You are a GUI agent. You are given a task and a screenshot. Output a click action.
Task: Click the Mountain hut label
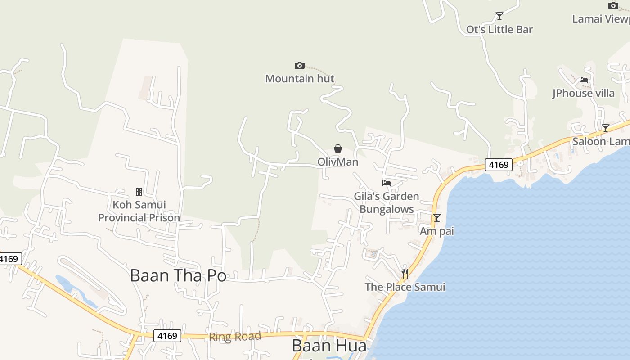coord(300,79)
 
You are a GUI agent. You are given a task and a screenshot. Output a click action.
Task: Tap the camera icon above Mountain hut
coord(300,66)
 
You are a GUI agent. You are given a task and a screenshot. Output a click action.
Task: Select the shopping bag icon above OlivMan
coord(338,148)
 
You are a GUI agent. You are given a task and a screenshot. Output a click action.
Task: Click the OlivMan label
coord(338,162)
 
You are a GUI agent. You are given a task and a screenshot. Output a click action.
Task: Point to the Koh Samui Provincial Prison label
coord(139,211)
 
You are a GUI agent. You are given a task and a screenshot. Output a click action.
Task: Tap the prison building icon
coord(139,192)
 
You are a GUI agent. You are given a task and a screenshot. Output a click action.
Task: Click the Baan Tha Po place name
coord(178,275)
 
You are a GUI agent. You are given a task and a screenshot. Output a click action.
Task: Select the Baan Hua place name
coord(329,346)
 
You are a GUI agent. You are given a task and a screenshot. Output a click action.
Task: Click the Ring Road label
coord(235,337)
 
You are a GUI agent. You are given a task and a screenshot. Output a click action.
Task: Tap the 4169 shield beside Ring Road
coord(167,336)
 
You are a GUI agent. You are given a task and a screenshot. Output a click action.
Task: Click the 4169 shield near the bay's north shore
coord(499,165)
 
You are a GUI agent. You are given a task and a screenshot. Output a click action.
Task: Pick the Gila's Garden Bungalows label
coord(387,203)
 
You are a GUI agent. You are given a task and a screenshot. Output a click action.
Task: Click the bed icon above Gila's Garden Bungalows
coord(387,183)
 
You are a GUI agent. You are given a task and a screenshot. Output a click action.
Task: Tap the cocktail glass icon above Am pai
coord(436,218)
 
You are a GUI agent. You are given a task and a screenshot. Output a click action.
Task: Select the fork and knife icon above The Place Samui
coord(405,274)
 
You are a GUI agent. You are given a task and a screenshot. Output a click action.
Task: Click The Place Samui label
coord(405,287)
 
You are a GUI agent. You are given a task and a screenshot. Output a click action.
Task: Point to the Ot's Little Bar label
coord(499,30)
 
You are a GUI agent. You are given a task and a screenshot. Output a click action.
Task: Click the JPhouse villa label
coord(584,93)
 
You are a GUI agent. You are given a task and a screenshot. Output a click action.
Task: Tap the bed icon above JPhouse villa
coord(584,80)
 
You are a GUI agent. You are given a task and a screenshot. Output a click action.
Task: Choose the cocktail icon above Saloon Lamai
coord(606,128)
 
